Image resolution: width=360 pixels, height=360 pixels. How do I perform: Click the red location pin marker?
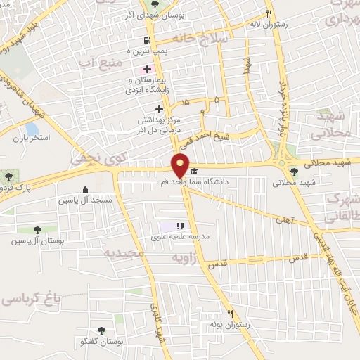pyautogui.click(x=181, y=166)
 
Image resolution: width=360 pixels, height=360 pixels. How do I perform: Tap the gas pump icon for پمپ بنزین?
pyautogui.click(x=146, y=40)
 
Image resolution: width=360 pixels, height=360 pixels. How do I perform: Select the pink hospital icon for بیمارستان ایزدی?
pyautogui.click(x=147, y=69)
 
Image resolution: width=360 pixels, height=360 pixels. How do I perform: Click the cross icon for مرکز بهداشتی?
pyautogui.click(x=159, y=109)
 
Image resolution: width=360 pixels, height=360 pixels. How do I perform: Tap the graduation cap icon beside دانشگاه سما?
pyautogui.click(x=194, y=171)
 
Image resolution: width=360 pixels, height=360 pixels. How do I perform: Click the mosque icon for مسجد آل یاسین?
pyautogui.click(x=86, y=189)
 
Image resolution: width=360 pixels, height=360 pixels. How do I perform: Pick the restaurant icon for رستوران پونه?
pyautogui.click(x=229, y=314)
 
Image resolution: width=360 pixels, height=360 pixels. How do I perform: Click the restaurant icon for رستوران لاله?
pyautogui.click(x=268, y=13)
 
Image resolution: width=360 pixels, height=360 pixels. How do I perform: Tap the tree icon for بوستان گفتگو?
pyautogui.click(x=101, y=330)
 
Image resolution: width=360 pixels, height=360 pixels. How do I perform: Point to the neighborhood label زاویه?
pyautogui.click(x=186, y=259)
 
